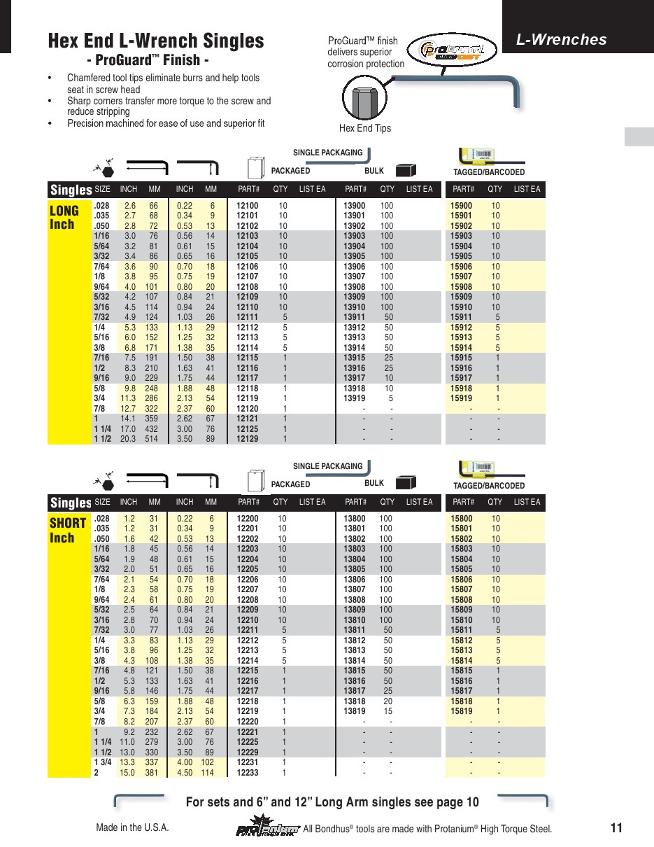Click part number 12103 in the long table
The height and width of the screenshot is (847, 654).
click(x=248, y=236)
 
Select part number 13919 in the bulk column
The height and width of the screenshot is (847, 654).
click(x=354, y=398)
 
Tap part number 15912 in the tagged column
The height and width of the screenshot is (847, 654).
click(x=461, y=328)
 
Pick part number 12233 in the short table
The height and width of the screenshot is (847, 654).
click(x=248, y=773)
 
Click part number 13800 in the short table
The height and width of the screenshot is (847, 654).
click(x=354, y=519)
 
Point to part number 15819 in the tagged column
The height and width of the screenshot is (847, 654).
click(x=461, y=712)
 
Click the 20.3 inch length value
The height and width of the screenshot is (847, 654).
click(x=128, y=439)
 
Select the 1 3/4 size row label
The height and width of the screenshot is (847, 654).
click(x=103, y=762)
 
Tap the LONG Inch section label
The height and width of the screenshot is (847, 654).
click(x=64, y=217)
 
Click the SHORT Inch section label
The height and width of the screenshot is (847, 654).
click(x=68, y=530)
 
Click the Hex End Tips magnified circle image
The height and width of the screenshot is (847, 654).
click(x=364, y=99)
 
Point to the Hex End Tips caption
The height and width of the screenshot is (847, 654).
click(x=364, y=128)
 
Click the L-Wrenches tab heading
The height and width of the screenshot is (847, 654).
click(x=561, y=40)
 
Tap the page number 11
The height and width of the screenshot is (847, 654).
click(x=616, y=828)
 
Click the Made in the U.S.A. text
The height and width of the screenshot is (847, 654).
click(x=132, y=828)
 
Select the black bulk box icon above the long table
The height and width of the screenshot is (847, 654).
click(x=406, y=170)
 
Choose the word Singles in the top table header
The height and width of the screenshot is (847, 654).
click(x=71, y=190)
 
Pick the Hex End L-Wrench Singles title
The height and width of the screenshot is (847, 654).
click(x=156, y=41)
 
